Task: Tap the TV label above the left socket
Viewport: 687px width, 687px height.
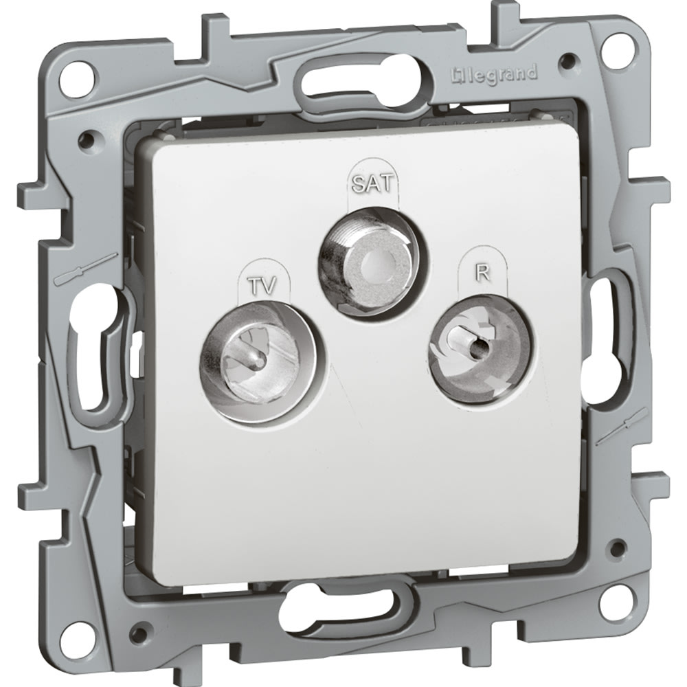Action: [x=263, y=286]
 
